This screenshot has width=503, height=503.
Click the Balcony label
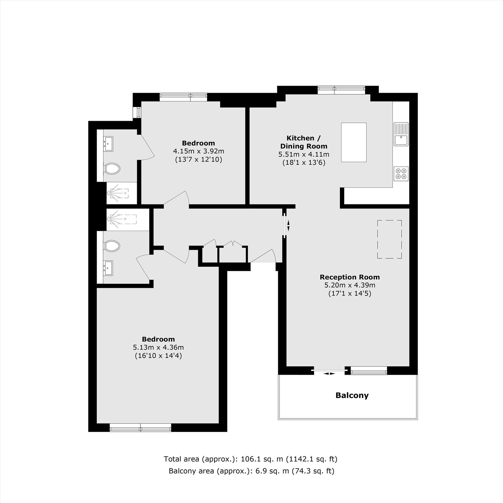(352, 395)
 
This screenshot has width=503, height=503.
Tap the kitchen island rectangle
(354, 142)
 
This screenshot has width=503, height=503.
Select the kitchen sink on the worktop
(401, 134)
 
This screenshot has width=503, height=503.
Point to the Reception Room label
(350, 277)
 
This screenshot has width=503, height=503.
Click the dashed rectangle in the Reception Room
(389, 239)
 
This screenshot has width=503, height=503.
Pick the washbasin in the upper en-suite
(108, 143)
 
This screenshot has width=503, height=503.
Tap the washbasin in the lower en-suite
(108, 268)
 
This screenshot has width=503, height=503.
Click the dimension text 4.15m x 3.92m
(198, 151)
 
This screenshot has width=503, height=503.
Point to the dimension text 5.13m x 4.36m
(158, 347)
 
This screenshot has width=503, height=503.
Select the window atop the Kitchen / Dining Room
(341, 90)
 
